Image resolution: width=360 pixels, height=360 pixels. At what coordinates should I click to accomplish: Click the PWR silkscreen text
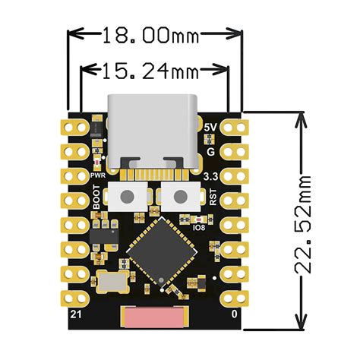pos(97,176)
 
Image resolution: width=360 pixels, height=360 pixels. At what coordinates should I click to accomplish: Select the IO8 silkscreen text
pos(198,228)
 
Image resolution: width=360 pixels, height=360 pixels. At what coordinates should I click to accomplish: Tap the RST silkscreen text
pos(212,197)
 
